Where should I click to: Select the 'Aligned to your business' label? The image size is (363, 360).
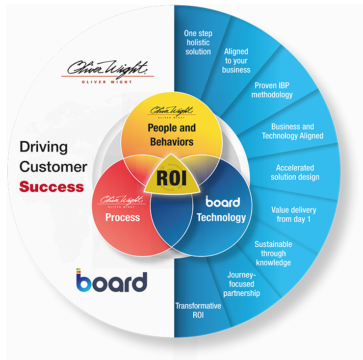point(236,60)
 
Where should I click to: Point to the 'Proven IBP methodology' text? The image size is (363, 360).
point(272,90)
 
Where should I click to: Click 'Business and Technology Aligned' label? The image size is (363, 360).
point(292,131)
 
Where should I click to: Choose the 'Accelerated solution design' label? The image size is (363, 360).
point(295,172)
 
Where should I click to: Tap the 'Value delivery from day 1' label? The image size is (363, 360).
point(293,214)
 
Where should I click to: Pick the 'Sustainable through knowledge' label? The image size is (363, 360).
point(273,253)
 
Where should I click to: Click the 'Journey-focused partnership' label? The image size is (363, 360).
point(241,284)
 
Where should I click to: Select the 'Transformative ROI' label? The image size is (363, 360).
point(198,310)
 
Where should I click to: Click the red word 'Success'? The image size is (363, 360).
point(52,186)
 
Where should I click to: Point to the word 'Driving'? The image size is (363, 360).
point(43,146)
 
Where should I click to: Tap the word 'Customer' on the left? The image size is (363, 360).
point(53,166)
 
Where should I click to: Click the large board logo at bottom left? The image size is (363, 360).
point(111,281)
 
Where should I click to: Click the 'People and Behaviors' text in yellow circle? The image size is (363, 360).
point(172,135)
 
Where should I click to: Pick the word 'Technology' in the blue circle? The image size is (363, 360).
point(221,217)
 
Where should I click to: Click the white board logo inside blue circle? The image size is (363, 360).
point(223,202)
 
